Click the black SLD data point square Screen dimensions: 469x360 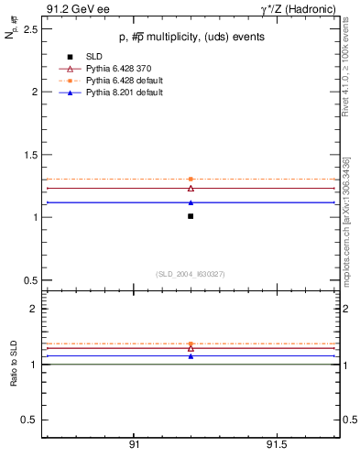tap(191, 216)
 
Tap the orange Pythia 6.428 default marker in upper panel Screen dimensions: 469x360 tap(191, 179)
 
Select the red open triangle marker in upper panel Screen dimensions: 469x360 tap(191, 188)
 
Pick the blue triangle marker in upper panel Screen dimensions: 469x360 tap(191, 202)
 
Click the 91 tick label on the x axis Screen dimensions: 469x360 tap(134, 444)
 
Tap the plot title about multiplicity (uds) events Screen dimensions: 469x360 tap(190, 38)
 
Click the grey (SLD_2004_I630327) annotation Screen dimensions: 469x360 tap(190, 273)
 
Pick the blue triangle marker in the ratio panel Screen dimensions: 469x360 tap(191, 356)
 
